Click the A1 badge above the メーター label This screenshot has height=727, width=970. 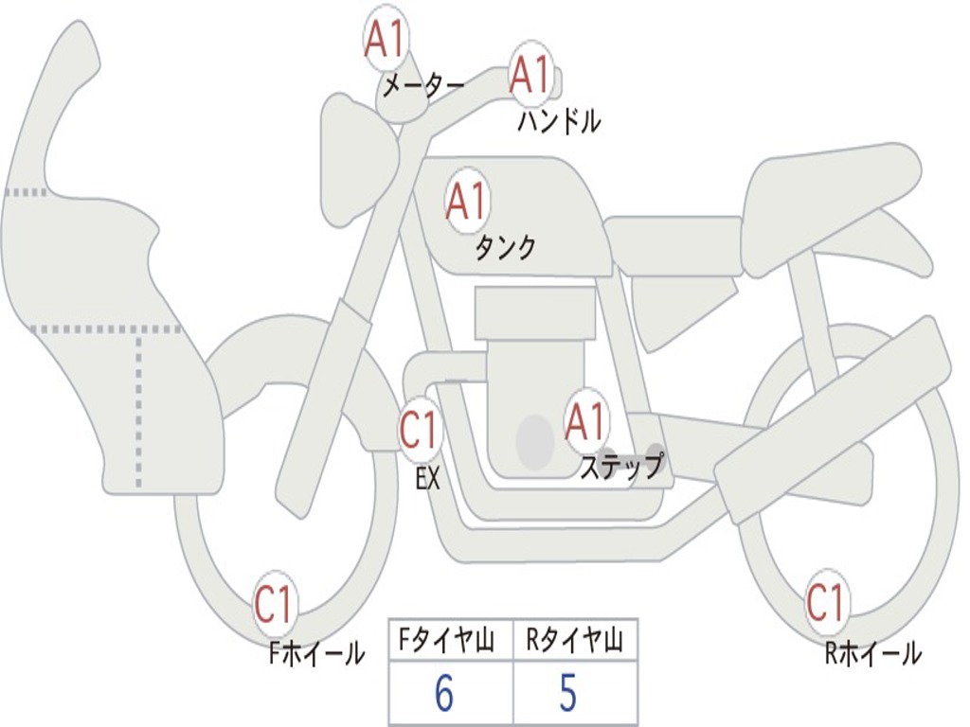pyautogui.click(x=385, y=40)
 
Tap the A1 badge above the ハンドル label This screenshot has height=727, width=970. pyautogui.click(x=530, y=74)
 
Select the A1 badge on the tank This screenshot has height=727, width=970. pyautogui.click(x=466, y=201)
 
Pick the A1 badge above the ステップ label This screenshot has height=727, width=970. pyautogui.click(x=585, y=421)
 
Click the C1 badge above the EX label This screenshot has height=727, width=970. pyautogui.click(x=420, y=431)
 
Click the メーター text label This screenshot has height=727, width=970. pyautogui.click(x=422, y=87)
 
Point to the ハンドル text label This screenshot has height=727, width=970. pyautogui.click(x=559, y=121)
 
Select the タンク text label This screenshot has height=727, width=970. pyautogui.click(x=505, y=248)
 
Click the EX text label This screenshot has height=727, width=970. pyautogui.click(x=428, y=479)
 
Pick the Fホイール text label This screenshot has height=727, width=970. pyautogui.click(x=316, y=652)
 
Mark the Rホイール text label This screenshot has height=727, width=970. pyautogui.click(x=872, y=652)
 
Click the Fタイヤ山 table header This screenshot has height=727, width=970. pyautogui.click(x=450, y=642)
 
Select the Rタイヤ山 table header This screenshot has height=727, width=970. pyautogui.click(x=575, y=642)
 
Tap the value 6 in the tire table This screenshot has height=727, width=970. pyautogui.click(x=444, y=694)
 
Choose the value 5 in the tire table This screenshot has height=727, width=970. pyautogui.click(x=567, y=694)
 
